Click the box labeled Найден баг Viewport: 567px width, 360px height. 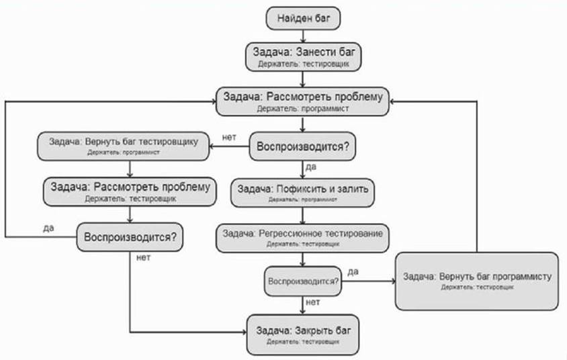coord(303,18)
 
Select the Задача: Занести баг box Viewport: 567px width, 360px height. coord(303,57)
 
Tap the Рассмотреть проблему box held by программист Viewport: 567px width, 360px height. coord(303,101)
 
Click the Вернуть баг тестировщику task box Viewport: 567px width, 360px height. coord(124,146)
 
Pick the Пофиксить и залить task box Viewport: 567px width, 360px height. coord(303,191)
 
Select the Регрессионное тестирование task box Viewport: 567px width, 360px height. coord(303,237)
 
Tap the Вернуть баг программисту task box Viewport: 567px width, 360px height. coord(477,281)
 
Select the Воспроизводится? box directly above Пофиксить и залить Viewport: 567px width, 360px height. coord(303,146)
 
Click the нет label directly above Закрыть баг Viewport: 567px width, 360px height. coord(312,302)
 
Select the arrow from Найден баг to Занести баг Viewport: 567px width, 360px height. coord(303,36)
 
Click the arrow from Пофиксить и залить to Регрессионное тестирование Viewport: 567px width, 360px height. coord(303,215)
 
